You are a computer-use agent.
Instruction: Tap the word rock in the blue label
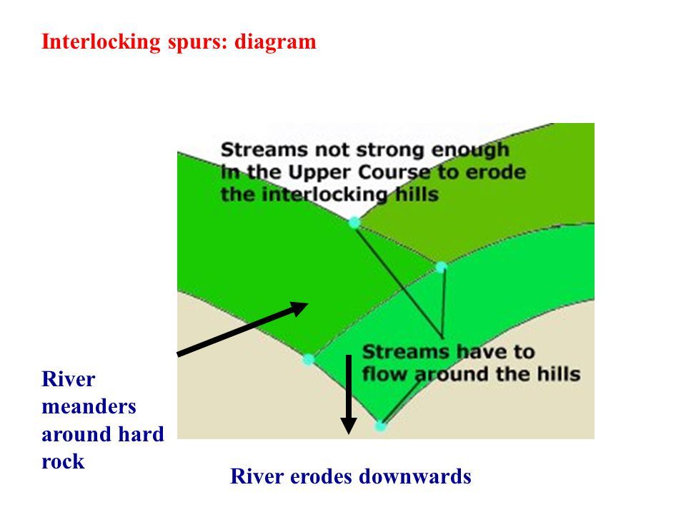click(x=63, y=461)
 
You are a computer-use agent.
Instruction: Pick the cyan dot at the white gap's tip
click(x=354, y=222)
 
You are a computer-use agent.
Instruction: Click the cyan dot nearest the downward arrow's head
click(x=380, y=426)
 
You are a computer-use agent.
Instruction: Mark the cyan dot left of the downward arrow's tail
click(x=308, y=359)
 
